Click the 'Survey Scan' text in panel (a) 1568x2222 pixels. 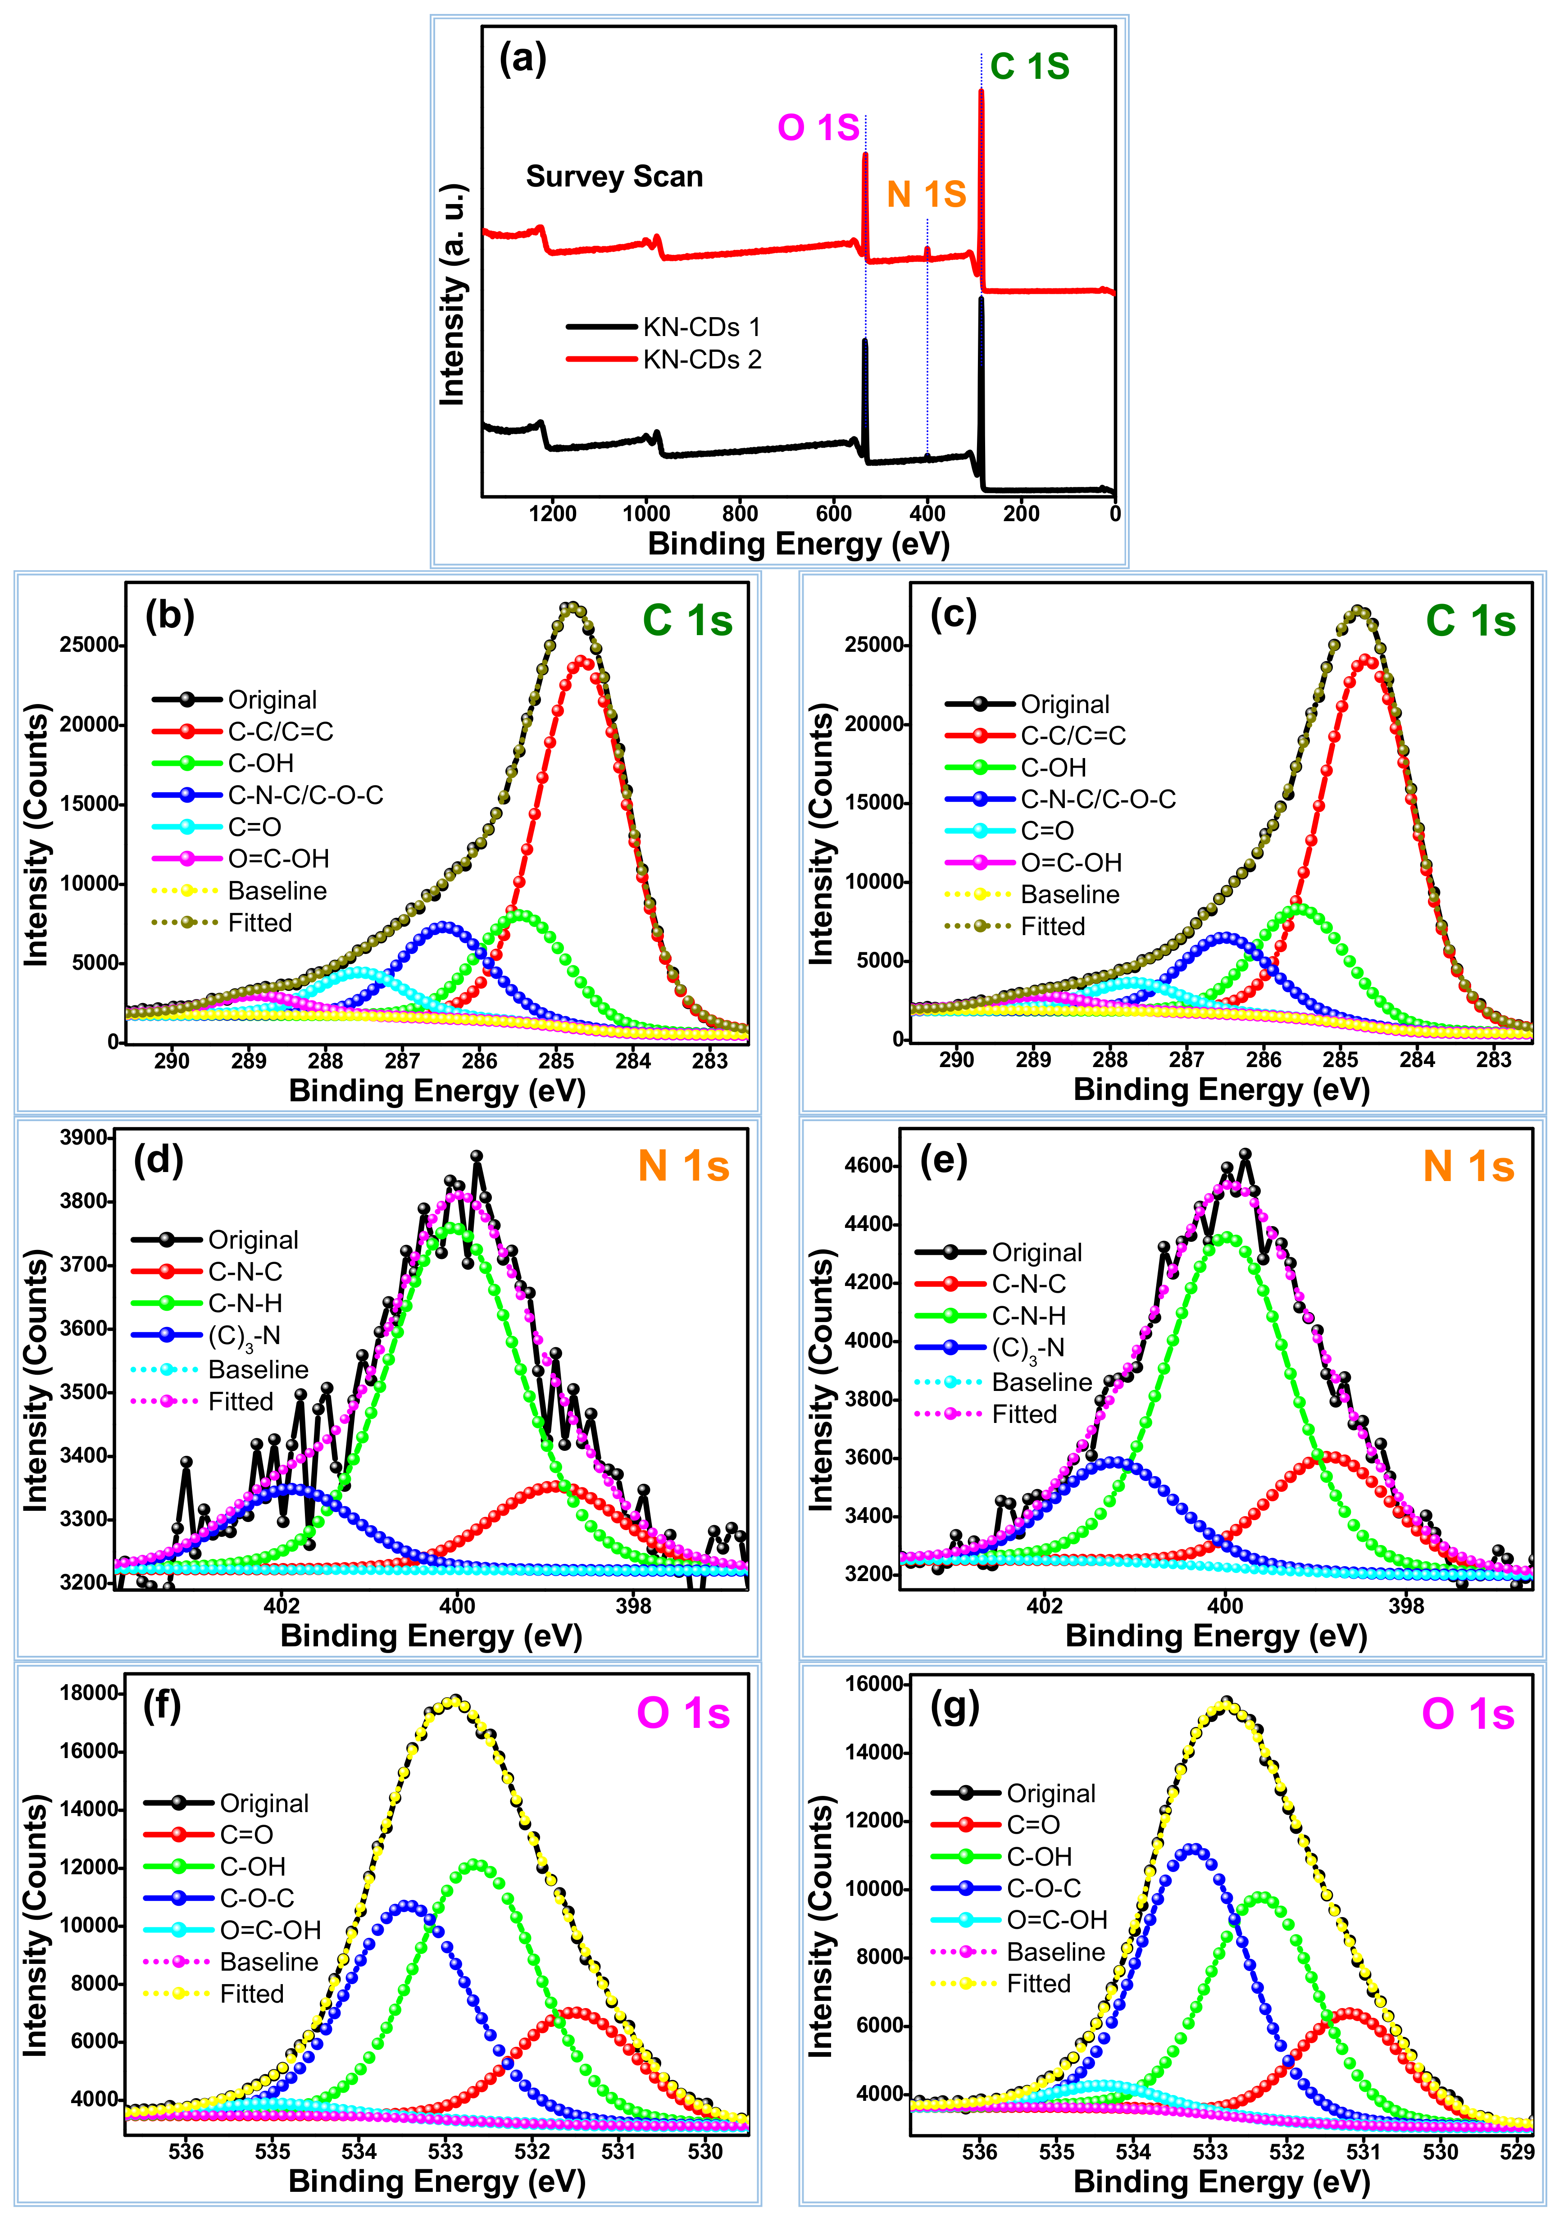tap(614, 177)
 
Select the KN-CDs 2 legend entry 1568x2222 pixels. tap(702, 360)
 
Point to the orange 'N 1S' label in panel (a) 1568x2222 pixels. tap(926, 195)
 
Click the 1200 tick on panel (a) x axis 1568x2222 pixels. tap(553, 514)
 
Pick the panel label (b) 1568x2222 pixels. tap(169, 615)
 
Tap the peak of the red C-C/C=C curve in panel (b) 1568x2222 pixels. tap(582, 660)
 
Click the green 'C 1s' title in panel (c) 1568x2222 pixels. tap(1469, 620)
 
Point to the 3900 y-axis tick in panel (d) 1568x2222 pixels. tap(84, 1138)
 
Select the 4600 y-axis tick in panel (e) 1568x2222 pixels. tap(869, 1165)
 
